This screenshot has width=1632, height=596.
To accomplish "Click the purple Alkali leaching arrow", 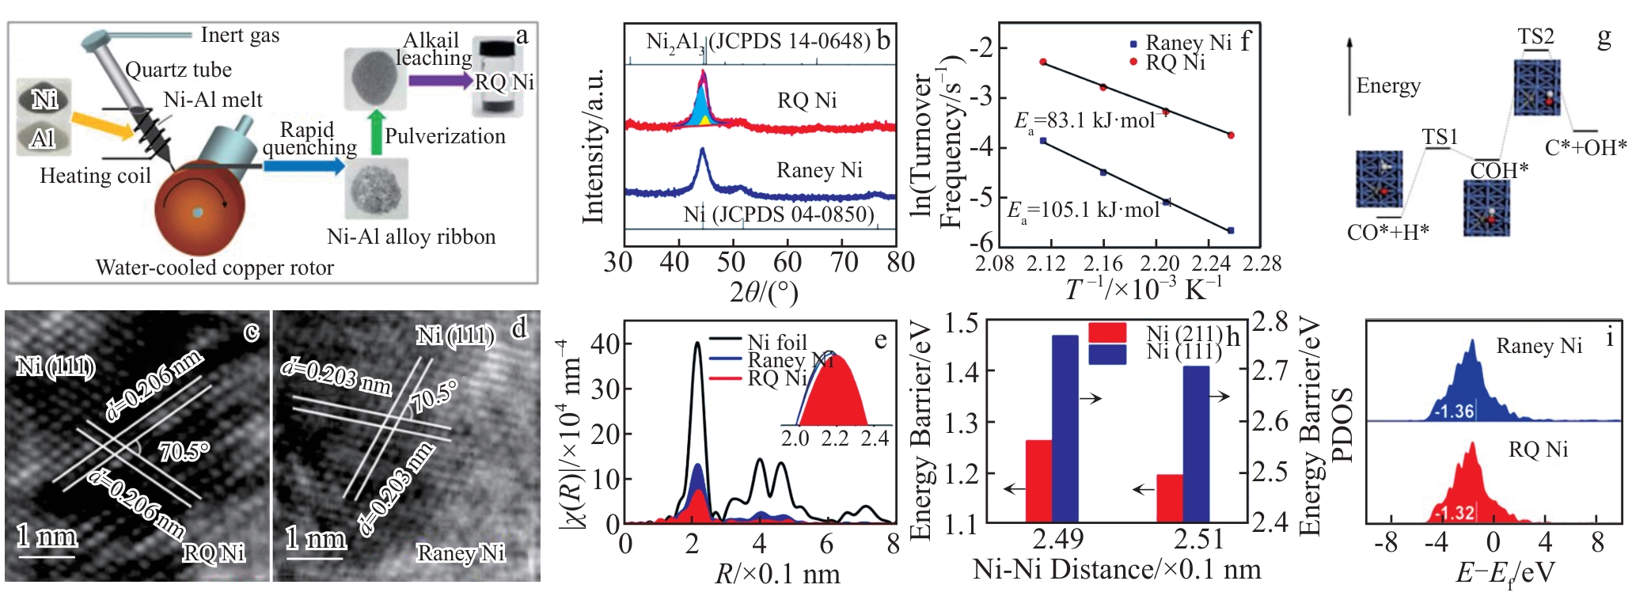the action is [x=439, y=80].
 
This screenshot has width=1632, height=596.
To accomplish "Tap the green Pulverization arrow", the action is [x=376, y=132].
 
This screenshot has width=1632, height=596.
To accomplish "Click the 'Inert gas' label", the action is [x=240, y=35].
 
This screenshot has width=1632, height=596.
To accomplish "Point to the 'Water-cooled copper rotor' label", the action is [x=214, y=268].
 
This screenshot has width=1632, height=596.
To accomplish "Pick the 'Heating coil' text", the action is [x=95, y=176].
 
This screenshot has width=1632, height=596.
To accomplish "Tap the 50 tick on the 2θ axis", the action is [x=731, y=262].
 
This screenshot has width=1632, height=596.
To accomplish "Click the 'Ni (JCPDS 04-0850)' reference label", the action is [x=779, y=214].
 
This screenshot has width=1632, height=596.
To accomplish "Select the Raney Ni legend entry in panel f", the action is [x=1180, y=43].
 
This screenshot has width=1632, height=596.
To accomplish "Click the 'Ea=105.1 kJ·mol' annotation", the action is [x=1084, y=211].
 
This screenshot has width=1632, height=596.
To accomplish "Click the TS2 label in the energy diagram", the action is [x=1535, y=36].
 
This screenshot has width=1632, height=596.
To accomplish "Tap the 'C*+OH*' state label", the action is [x=1585, y=147].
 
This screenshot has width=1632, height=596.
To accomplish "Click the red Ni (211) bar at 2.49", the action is [x=1038, y=480].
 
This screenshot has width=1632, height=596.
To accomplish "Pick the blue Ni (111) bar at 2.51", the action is [x=1196, y=443].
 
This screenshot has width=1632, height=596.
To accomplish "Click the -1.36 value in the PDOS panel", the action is [x=1454, y=412].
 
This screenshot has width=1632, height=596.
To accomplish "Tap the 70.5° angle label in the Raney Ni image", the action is [x=435, y=397].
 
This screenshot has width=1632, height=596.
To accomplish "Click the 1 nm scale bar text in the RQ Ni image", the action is [x=47, y=537].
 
